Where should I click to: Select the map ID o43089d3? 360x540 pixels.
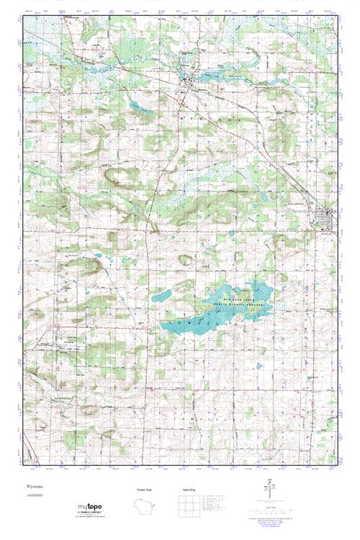point(30,495)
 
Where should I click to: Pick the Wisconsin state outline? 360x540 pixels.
point(148,504)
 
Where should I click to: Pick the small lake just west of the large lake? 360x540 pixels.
point(161,294)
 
